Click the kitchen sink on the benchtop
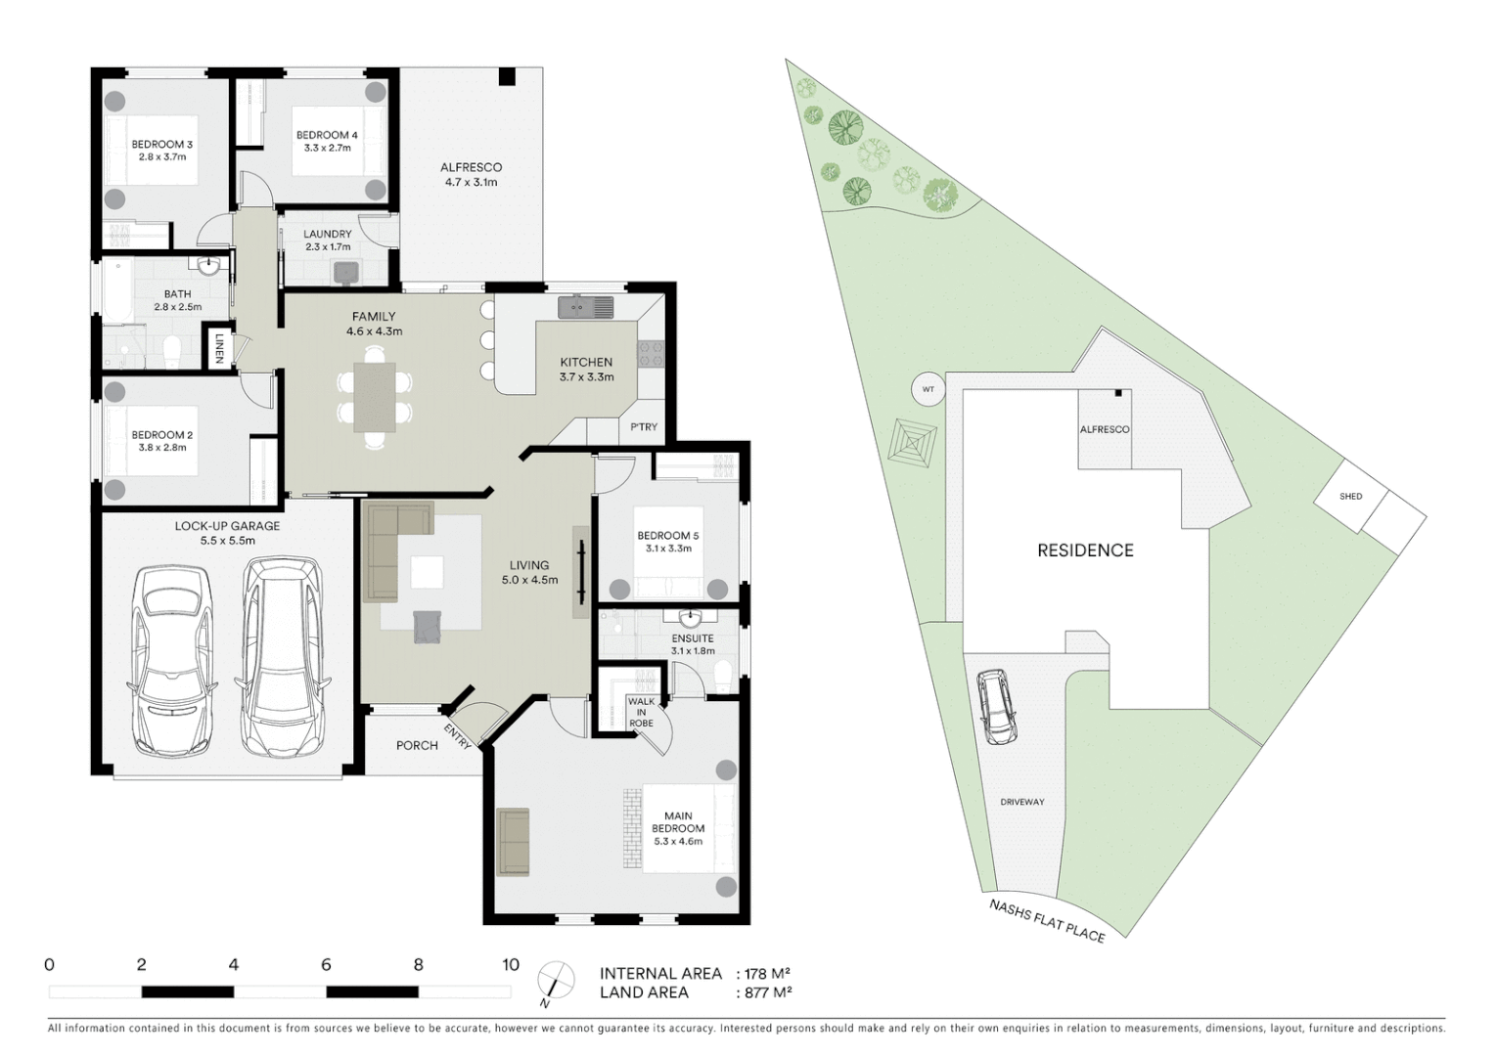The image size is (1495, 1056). click(585, 307)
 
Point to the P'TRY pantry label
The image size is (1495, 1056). click(644, 427)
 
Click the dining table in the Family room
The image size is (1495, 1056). click(375, 397)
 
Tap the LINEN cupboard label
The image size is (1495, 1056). click(219, 349)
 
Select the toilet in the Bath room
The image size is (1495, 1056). click(173, 349)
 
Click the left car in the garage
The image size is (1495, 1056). click(173, 660)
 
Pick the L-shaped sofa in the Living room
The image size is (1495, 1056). click(391, 543)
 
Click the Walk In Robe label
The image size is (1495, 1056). click(642, 712)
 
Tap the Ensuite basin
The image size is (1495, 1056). click(691, 618)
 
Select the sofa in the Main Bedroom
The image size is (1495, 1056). click(513, 842)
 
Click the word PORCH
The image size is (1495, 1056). click(417, 745)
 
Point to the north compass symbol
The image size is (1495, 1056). click(556, 981)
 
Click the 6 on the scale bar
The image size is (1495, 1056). click(326, 965)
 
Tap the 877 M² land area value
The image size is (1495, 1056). click(763, 992)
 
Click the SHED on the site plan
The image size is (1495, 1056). click(1350, 497)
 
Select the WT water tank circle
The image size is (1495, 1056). click(929, 390)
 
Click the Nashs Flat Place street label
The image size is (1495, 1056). click(1046, 921)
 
